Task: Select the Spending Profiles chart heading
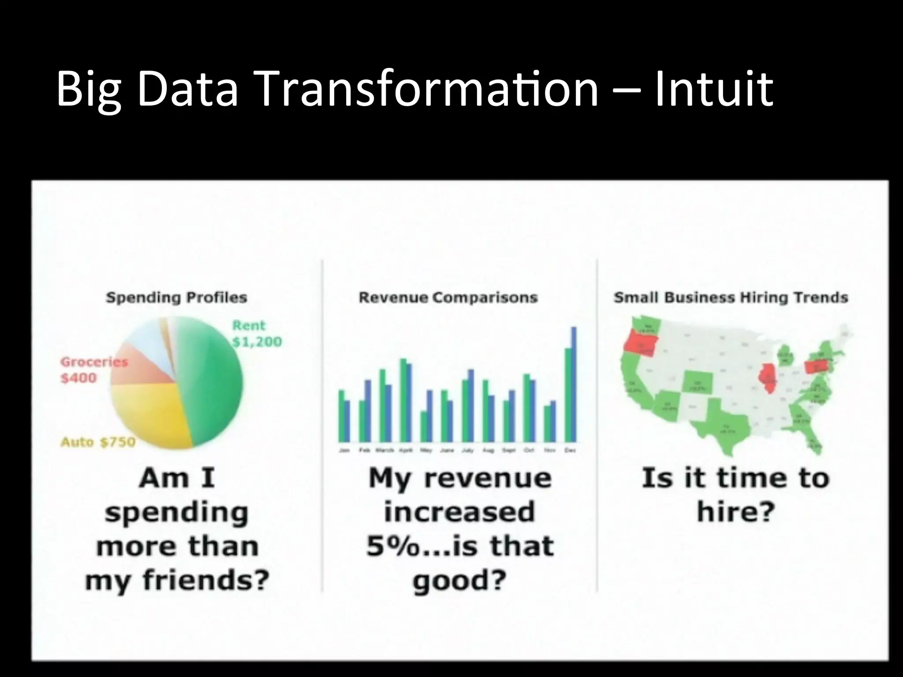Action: (x=176, y=298)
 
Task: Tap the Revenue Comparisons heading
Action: (x=448, y=298)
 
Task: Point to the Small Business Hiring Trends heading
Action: (x=731, y=298)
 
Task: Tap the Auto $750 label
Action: (x=98, y=442)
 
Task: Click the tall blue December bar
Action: (x=574, y=383)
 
